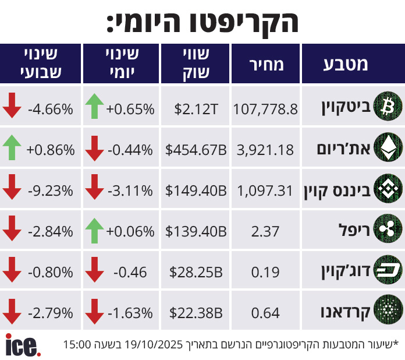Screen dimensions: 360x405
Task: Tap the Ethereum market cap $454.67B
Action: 196,150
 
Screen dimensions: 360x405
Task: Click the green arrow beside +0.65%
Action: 94,108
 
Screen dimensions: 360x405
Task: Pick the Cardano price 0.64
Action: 265,313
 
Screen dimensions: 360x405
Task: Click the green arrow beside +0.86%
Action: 13,149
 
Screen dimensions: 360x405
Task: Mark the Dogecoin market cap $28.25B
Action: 196,272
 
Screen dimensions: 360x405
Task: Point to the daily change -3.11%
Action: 130,190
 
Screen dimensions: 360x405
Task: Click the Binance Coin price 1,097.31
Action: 265,190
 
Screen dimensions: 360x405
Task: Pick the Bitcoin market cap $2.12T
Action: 196,108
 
